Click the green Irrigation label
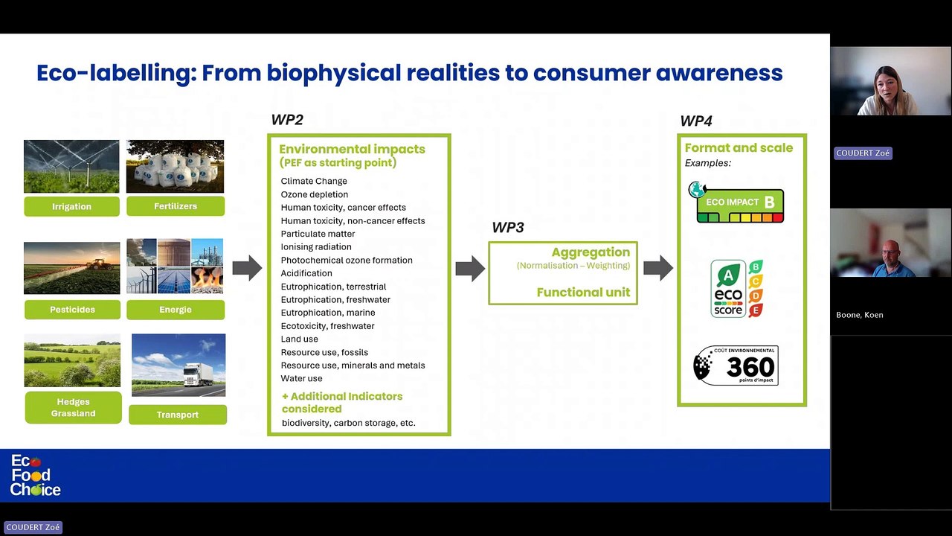tap(71, 206)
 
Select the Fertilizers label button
tap(176, 206)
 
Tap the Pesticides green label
tap(71, 309)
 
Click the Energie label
tap(176, 309)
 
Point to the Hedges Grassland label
tap(73, 408)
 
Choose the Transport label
tap(178, 415)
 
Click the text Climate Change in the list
tap(314, 181)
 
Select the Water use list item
tap(301, 378)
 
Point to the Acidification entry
tap(306, 273)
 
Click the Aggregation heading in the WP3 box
tap(591, 252)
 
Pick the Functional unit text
tap(583, 293)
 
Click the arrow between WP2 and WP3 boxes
tap(470, 268)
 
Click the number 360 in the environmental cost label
tap(750, 367)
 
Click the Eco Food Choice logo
tap(35, 476)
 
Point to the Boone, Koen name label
tap(859, 315)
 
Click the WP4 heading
tap(695, 121)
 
